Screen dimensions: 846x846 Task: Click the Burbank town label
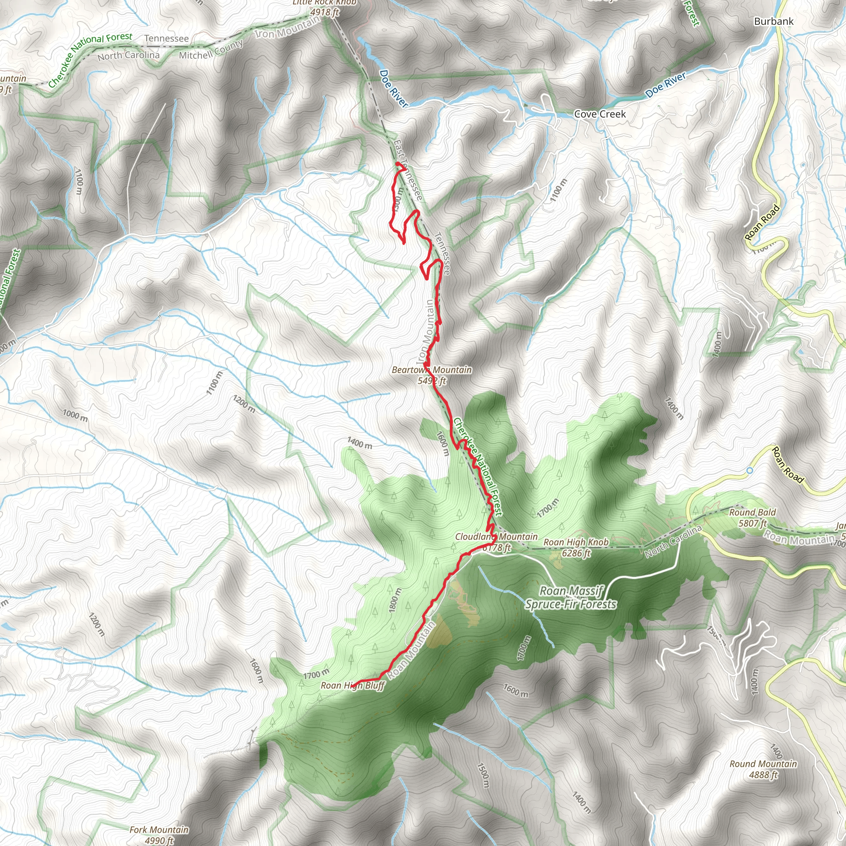[773, 21]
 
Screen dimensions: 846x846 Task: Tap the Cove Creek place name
[599, 114]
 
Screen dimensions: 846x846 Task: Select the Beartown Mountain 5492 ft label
[431, 375]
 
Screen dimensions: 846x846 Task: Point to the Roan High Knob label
[576, 547]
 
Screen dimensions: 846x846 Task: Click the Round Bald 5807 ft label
[752, 518]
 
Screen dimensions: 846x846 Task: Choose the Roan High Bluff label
[352, 686]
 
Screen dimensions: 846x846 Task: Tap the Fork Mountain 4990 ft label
[159, 834]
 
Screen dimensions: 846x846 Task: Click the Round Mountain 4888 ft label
[763, 769]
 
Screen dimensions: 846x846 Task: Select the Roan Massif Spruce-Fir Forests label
[571, 598]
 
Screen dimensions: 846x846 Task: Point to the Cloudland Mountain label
[496, 537]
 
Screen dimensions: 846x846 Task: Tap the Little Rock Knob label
[324, 2]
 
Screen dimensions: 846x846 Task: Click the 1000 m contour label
[75, 415]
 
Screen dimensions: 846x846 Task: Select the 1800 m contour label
[394, 600]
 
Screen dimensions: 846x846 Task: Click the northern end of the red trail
[397, 164]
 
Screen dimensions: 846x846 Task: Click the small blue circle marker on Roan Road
[749, 470]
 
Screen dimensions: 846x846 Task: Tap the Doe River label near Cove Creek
[665, 85]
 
